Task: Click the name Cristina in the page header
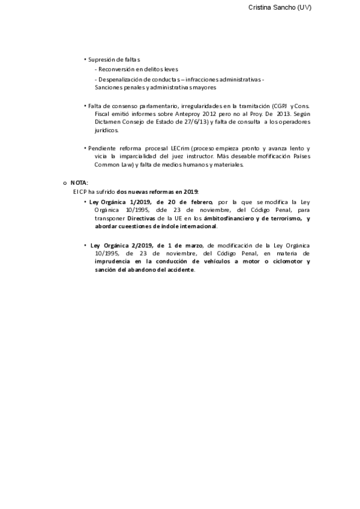(x=262, y=7)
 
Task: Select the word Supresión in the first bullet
(x=101, y=59)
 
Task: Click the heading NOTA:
(x=79, y=182)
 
